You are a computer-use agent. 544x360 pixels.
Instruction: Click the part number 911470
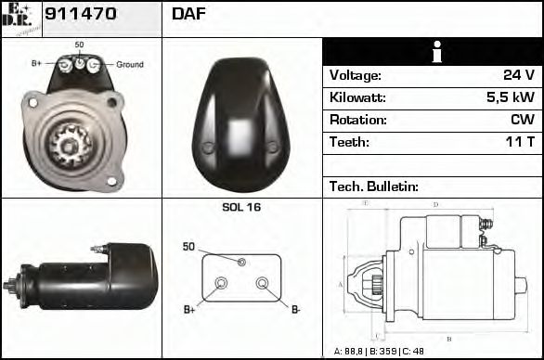81,14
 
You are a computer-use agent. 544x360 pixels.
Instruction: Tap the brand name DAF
188,14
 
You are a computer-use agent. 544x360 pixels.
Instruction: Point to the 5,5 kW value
511,97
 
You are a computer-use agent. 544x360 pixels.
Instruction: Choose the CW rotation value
522,120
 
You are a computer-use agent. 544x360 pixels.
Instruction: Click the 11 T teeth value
518,142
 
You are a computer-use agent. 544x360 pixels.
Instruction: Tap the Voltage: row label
355,75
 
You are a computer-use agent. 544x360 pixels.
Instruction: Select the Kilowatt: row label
357,97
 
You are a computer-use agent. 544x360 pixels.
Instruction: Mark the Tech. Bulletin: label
374,186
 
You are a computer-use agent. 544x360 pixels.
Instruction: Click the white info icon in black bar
433,52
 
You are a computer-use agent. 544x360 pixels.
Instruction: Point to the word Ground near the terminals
130,65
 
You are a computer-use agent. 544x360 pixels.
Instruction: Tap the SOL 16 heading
241,207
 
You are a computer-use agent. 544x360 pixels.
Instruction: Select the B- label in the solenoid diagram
295,309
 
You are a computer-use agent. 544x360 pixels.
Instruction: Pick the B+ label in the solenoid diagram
188,309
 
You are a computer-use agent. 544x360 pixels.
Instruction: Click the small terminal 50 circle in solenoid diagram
241,263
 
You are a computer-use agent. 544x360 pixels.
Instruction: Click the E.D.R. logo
21,18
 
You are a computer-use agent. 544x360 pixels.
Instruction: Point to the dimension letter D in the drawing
435,204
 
